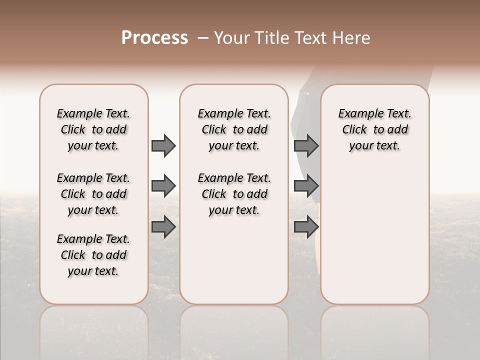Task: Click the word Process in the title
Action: click(154, 37)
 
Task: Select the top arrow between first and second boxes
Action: click(163, 145)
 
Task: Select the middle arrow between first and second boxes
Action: click(163, 186)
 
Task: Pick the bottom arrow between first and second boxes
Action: click(163, 227)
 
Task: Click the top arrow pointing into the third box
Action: click(306, 145)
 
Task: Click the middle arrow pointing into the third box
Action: click(306, 186)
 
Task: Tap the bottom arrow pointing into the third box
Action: click(306, 227)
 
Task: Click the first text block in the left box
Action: click(93, 129)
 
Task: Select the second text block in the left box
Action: click(93, 194)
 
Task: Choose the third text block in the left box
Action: click(93, 255)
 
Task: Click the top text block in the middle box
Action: click(234, 129)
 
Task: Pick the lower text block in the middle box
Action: click(234, 194)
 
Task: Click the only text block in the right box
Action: click(375, 129)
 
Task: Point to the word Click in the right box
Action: click(354, 129)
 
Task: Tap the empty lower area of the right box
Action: click(375, 240)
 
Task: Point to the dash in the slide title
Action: click(203, 38)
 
